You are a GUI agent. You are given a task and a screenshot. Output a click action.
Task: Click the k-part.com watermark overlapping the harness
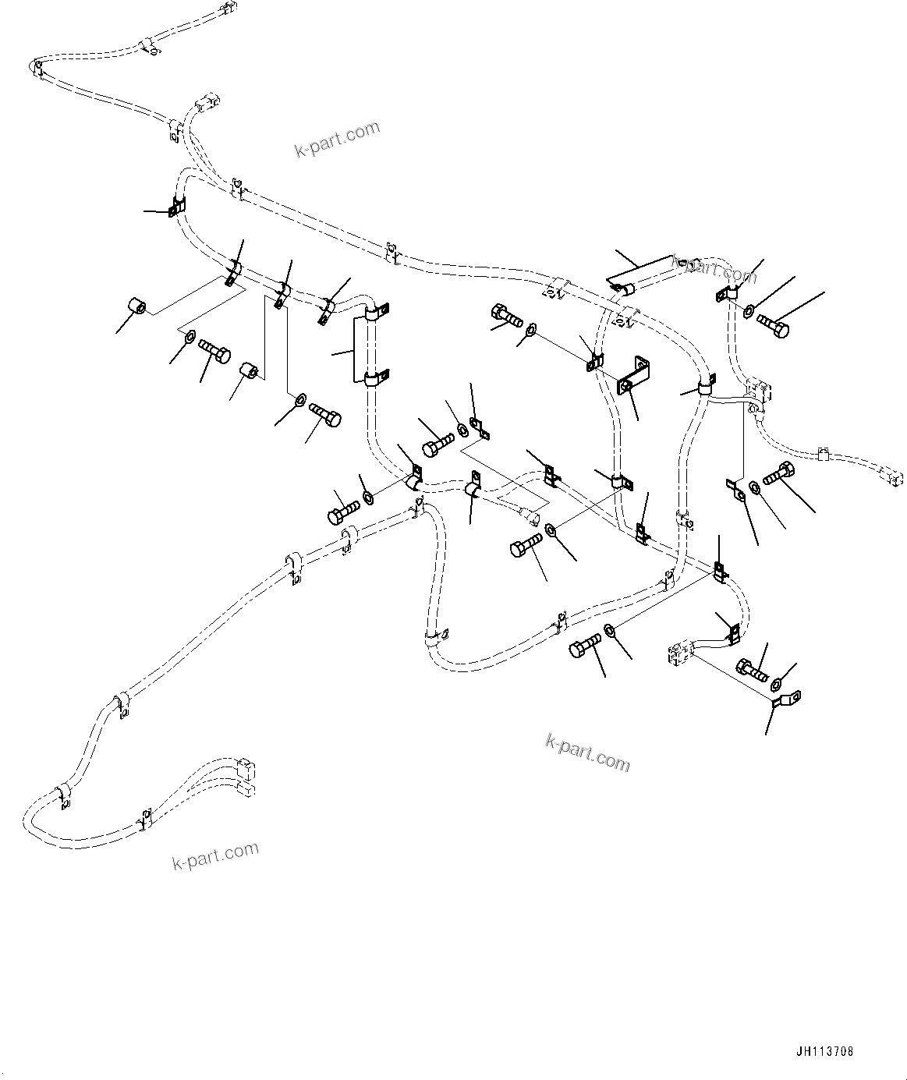714,270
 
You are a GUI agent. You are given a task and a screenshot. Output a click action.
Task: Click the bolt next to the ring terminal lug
750,667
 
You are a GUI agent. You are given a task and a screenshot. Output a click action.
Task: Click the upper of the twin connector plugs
244,767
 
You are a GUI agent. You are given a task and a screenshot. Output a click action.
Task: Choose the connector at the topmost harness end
226,10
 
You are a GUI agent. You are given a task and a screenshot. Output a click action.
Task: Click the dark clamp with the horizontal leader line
176,209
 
